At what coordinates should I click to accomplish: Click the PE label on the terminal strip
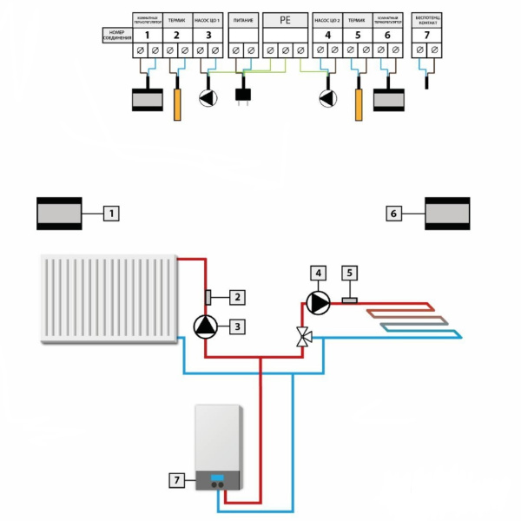point(284,18)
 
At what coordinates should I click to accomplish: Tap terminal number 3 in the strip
point(208,35)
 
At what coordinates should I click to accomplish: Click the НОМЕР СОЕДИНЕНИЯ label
point(117,35)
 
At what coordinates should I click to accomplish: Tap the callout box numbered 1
point(109,212)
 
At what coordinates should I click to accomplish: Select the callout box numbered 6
point(392,212)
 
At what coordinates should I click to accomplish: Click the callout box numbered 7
point(177,478)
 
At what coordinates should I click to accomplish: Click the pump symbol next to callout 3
point(205,326)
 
